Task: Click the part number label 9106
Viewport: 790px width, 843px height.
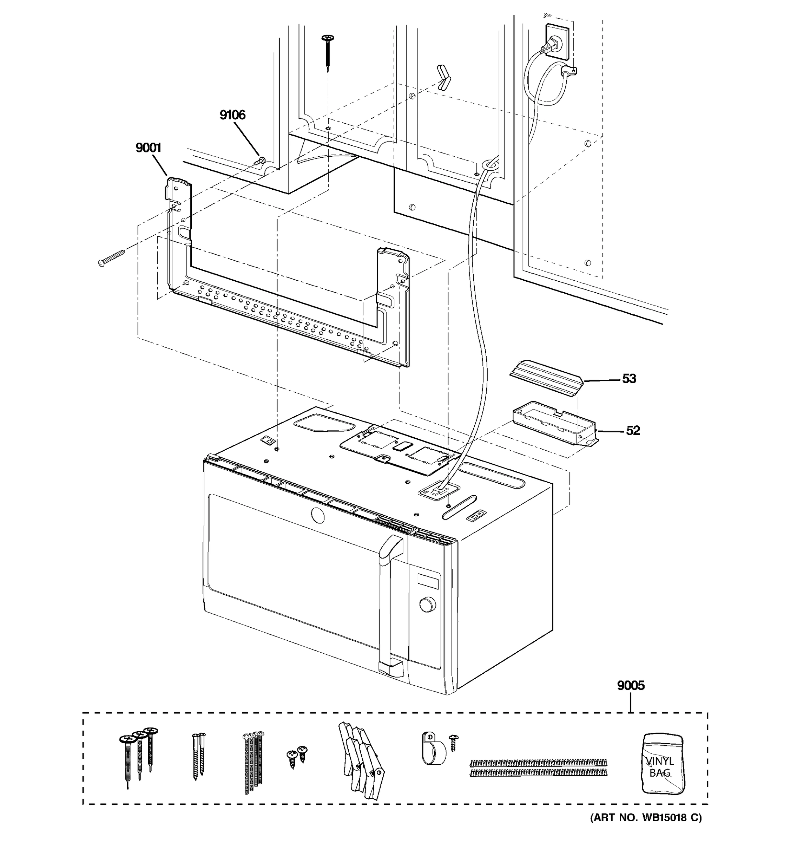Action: pyautogui.click(x=232, y=115)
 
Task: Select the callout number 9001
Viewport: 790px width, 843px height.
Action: pyautogui.click(x=148, y=148)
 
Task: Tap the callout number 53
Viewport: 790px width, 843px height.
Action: pyautogui.click(x=629, y=379)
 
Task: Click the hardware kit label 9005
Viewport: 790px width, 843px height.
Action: pyautogui.click(x=631, y=697)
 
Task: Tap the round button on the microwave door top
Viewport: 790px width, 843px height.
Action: pyautogui.click(x=318, y=515)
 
